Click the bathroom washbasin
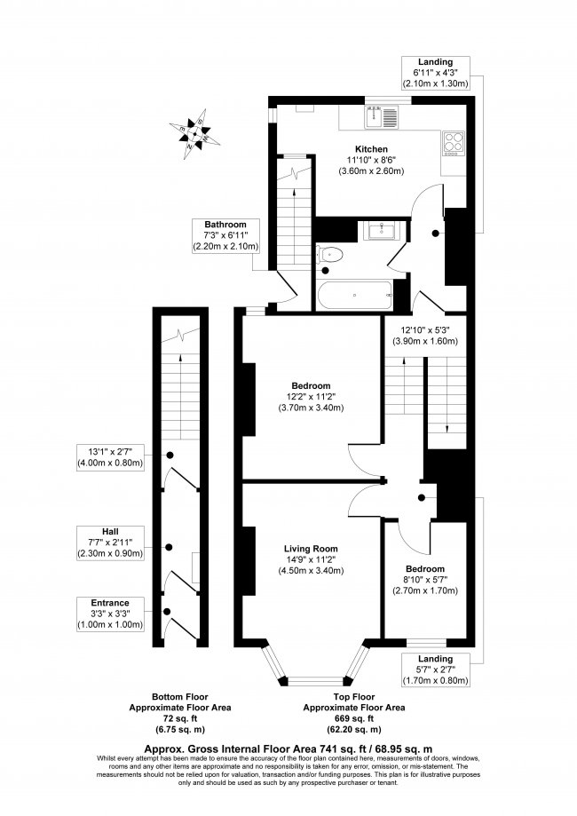coord(383,231)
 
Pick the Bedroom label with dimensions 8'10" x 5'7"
coord(425,567)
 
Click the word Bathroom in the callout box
coord(224,224)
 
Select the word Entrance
coord(110,603)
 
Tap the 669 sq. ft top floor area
coord(354,718)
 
